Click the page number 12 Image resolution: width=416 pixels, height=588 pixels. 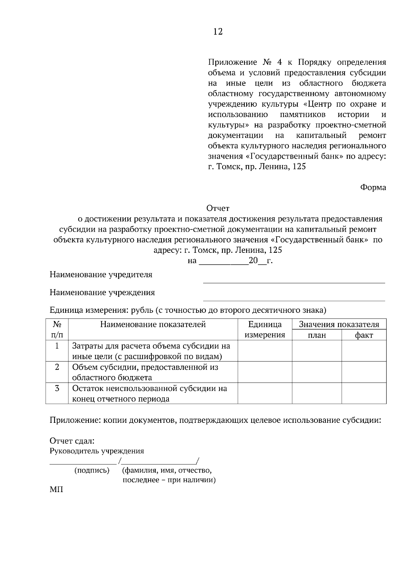(x=218, y=32)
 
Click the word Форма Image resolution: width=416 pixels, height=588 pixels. (x=373, y=187)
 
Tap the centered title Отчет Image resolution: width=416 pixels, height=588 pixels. (x=218, y=208)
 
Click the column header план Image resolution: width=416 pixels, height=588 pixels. (x=317, y=335)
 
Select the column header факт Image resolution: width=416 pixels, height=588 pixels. (x=364, y=335)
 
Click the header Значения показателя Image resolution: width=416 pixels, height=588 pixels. (x=339, y=324)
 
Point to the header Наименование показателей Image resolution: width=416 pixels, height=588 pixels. (x=153, y=324)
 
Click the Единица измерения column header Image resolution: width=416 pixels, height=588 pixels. (x=265, y=329)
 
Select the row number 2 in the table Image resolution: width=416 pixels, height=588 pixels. (x=57, y=367)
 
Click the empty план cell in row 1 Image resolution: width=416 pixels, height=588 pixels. (x=317, y=351)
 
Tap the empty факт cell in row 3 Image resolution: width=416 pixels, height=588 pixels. (x=364, y=393)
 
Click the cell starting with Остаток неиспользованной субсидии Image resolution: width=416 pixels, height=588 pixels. (x=149, y=393)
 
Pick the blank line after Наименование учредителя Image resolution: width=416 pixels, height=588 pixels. (x=294, y=282)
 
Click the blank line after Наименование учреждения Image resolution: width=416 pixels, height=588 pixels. (x=294, y=300)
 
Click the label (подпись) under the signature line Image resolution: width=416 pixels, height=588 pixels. (x=92, y=470)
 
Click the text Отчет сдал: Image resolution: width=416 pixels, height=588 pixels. (x=72, y=441)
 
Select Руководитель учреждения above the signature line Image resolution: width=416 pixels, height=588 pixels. (x=97, y=451)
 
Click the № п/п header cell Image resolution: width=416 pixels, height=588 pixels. (x=57, y=329)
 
